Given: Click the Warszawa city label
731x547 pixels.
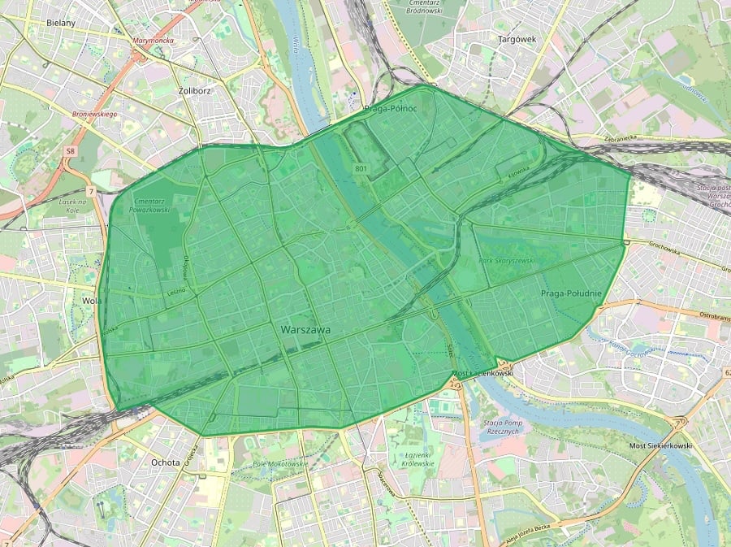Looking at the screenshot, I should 305,331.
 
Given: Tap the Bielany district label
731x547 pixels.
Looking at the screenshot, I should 61,23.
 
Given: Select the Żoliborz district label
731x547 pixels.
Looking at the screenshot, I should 193,91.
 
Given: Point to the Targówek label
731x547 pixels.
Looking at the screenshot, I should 517,38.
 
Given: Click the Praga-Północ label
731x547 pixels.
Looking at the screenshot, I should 391,108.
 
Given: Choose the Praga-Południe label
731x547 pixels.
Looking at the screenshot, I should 570,293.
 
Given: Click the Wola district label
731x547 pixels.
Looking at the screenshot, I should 89,300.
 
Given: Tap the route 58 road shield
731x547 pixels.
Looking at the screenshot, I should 71,151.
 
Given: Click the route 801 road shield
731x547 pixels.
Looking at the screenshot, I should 361,168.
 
